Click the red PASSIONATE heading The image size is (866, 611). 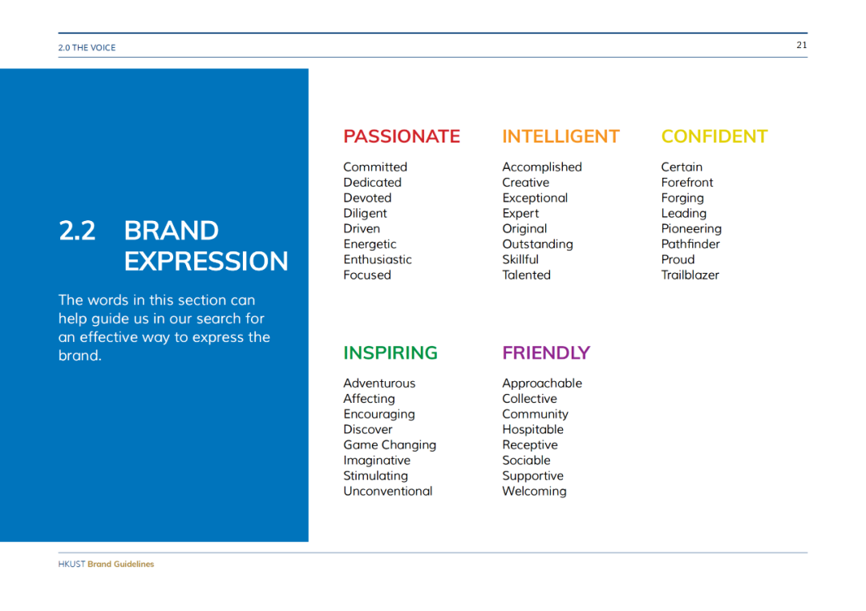(x=402, y=136)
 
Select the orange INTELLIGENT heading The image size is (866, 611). (x=560, y=136)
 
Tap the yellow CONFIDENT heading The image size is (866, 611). (x=714, y=136)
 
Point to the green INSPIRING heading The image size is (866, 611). (x=391, y=352)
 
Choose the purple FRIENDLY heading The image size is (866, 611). (x=546, y=352)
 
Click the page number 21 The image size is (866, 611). (x=801, y=45)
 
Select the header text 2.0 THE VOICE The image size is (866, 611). (x=87, y=48)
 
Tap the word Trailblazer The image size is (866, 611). (x=690, y=275)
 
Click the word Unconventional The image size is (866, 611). (x=388, y=491)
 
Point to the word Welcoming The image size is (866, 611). (x=534, y=492)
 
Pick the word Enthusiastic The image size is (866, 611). (x=377, y=259)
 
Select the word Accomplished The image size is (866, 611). (x=542, y=167)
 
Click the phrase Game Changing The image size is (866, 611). (x=390, y=445)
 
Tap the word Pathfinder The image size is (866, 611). (x=690, y=243)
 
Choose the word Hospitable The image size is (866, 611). (x=532, y=429)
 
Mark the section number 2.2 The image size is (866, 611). (x=77, y=231)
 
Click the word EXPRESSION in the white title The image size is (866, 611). (x=206, y=261)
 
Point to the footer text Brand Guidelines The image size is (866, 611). (x=120, y=564)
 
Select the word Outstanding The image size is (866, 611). (x=537, y=244)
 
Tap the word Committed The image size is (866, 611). (x=375, y=167)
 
